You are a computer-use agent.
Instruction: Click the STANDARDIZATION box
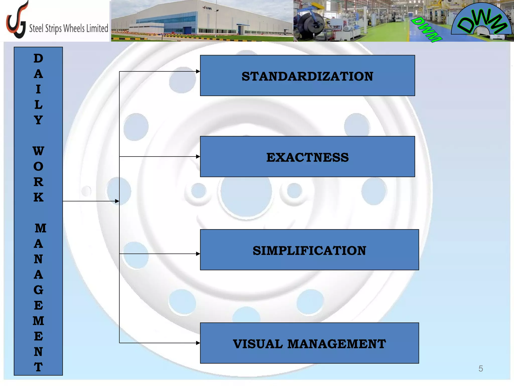tap(307, 76)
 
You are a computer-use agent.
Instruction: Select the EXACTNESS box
tap(307, 157)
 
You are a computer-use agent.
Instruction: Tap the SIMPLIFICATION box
tap(309, 250)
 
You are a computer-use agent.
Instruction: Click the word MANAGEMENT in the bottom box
tap(336, 344)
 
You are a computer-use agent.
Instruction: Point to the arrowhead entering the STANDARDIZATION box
tap(198, 71)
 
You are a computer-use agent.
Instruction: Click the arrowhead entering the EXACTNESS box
tap(198, 157)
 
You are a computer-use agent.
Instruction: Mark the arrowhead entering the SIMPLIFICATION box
tap(198, 254)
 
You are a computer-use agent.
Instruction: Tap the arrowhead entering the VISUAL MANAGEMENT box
tap(198, 343)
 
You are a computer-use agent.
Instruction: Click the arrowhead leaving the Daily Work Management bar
tap(117, 201)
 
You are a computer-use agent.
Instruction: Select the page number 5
tap(481, 369)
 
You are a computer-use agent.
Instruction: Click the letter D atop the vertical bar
tap(38, 59)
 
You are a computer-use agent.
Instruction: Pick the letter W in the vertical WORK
tap(38, 151)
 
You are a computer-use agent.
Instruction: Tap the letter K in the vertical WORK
tap(38, 198)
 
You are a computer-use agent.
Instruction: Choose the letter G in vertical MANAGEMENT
tap(38, 290)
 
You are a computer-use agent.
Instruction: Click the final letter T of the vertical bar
tap(38, 367)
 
